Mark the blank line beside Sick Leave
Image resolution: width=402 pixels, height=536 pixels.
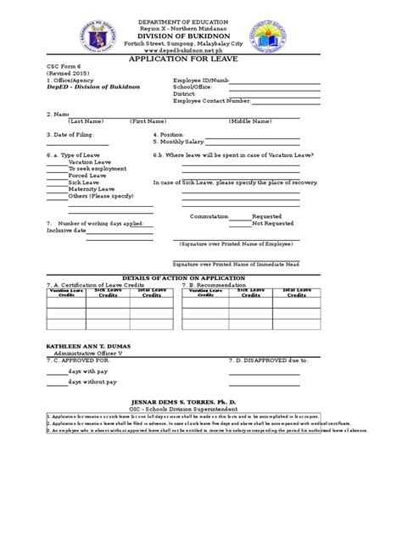pyautogui.click(x=56, y=182)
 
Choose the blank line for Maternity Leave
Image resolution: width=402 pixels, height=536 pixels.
pyautogui.click(x=56, y=189)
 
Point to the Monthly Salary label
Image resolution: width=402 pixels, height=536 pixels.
pyautogui.click(x=179, y=142)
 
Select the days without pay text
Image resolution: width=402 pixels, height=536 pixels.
pyautogui.click(x=98, y=384)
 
